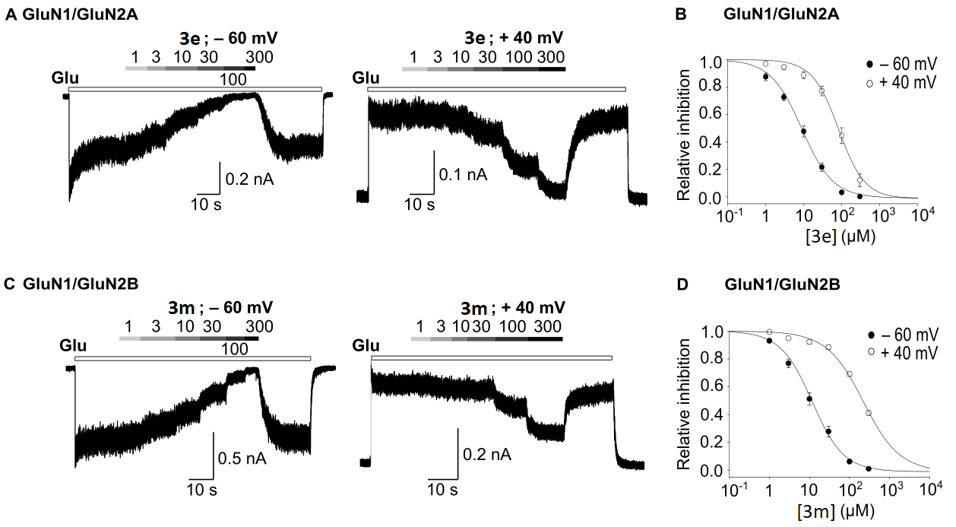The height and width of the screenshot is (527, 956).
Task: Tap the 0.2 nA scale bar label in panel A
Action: click(x=250, y=179)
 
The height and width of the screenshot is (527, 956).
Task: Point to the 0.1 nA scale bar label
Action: click(x=464, y=176)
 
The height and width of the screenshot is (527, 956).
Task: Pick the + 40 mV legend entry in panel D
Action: click(x=910, y=352)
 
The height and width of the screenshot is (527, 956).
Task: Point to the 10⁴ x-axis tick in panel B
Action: click(x=919, y=217)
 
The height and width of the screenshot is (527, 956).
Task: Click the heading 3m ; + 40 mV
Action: click(x=513, y=307)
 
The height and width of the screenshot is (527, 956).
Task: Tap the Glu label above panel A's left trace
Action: click(x=65, y=78)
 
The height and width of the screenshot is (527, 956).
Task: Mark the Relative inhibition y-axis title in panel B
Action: click(x=684, y=135)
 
